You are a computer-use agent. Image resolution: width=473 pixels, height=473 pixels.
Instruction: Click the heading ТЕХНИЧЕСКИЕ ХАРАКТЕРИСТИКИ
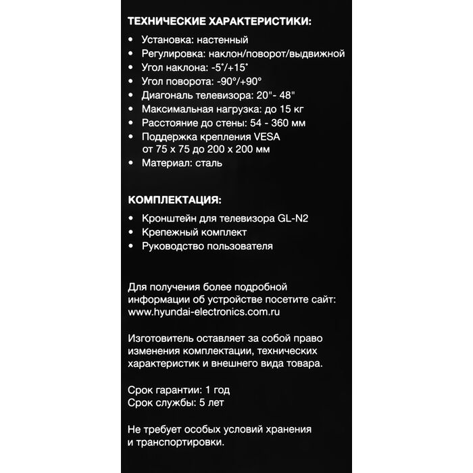click(x=220, y=22)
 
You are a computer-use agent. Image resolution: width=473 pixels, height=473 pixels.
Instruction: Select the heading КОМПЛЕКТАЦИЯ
click(x=174, y=200)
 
